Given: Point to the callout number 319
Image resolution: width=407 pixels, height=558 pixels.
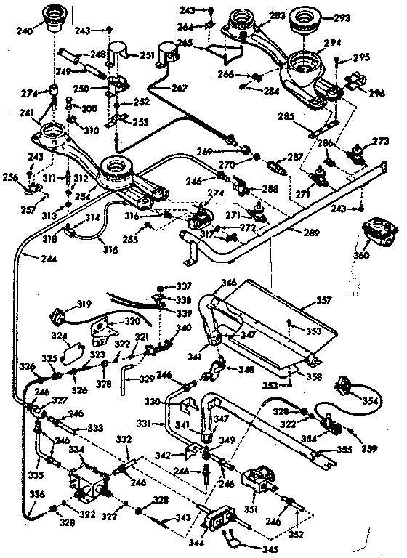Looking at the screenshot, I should [65, 305].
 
